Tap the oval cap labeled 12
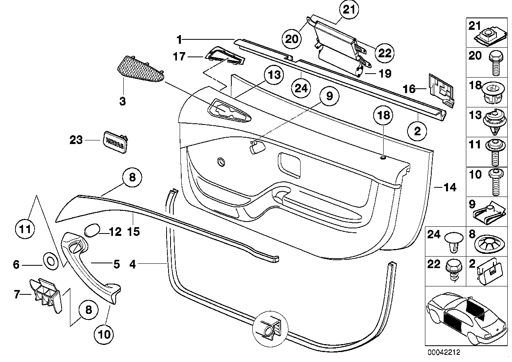pos(92,230)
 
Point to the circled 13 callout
pos(274,75)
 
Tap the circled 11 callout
pos(25,229)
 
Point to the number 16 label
pos(410,90)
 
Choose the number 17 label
pos(179,57)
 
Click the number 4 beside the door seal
pos(132,264)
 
